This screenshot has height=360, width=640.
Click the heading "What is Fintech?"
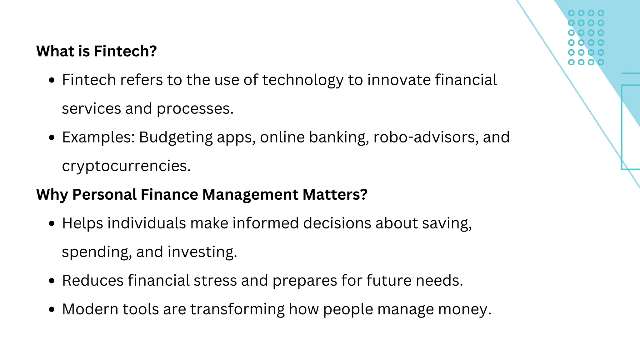tap(96, 51)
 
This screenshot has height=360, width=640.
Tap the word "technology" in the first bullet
tap(302, 80)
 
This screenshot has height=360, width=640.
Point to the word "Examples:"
tap(98, 137)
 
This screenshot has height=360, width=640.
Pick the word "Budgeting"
tap(176, 137)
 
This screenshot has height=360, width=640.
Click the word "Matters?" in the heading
tap(335, 194)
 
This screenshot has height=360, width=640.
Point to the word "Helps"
tap(82, 223)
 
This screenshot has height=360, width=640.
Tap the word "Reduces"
tap(92, 280)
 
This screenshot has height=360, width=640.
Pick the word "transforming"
tap(237, 309)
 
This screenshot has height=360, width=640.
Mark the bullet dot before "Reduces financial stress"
tap(52, 281)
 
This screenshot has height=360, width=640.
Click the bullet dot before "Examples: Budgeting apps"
tap(52, 137)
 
